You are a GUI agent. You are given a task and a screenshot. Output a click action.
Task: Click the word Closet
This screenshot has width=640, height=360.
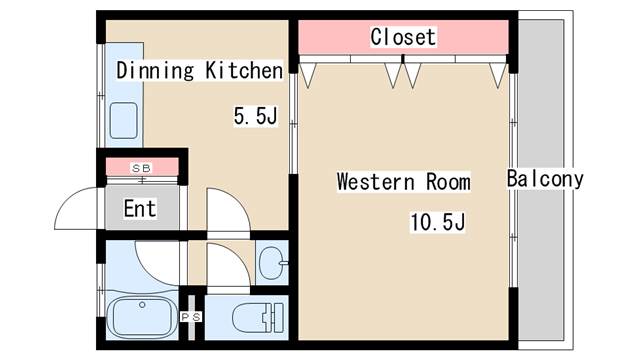403,37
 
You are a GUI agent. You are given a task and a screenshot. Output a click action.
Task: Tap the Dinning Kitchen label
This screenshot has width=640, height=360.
200,70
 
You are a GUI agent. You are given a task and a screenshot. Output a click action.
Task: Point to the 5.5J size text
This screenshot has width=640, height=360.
254,116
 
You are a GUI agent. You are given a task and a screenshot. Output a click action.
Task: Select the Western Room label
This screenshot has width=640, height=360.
403,182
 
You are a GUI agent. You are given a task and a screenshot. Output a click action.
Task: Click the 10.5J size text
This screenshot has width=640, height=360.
437,222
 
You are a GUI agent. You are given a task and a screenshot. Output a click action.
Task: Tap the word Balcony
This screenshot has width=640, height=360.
545,180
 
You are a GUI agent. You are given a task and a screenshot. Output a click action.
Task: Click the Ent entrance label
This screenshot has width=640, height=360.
140,209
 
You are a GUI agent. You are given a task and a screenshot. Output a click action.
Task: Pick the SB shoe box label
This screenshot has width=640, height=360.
141,168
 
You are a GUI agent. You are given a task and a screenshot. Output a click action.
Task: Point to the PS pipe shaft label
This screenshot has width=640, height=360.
190,317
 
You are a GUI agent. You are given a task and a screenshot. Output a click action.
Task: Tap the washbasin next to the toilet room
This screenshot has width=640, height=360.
271,264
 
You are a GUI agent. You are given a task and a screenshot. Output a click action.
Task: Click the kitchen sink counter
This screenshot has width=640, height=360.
125,120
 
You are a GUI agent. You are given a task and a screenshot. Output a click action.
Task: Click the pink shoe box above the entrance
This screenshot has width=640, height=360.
141,167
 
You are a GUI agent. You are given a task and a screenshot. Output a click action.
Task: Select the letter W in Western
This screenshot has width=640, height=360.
343,182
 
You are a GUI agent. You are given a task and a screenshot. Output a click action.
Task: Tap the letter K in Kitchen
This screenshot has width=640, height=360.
212,70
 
